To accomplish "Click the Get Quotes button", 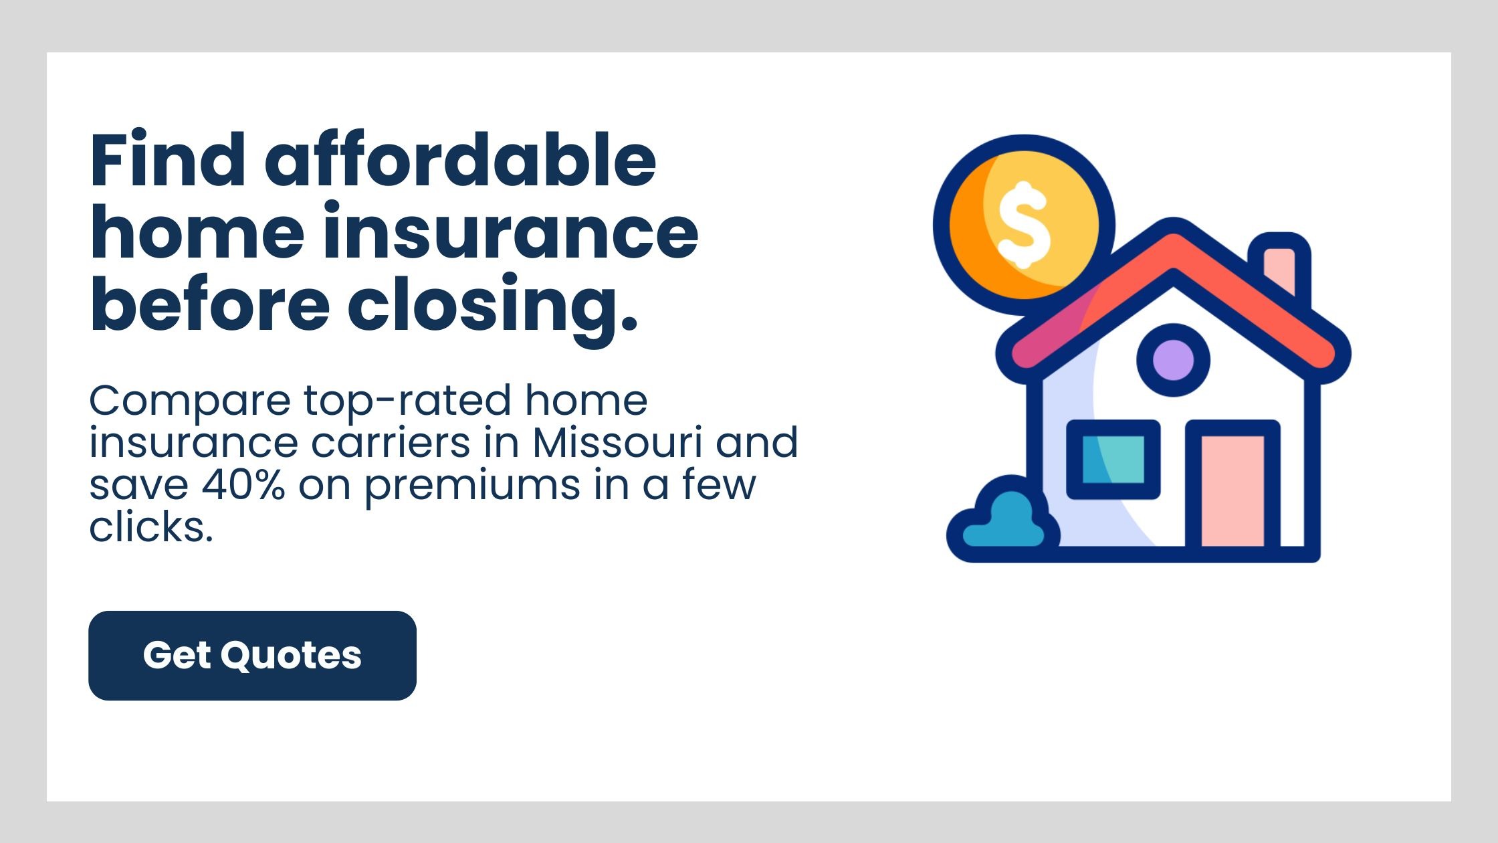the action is point(252,655).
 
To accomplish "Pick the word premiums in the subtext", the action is point(472,488).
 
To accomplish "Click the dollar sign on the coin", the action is point(1023,225).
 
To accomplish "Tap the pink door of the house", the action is point(1233,490).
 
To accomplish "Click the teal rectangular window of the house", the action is point(1113,459).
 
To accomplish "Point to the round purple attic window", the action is point(1173,360).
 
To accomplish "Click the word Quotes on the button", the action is point(291,655).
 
